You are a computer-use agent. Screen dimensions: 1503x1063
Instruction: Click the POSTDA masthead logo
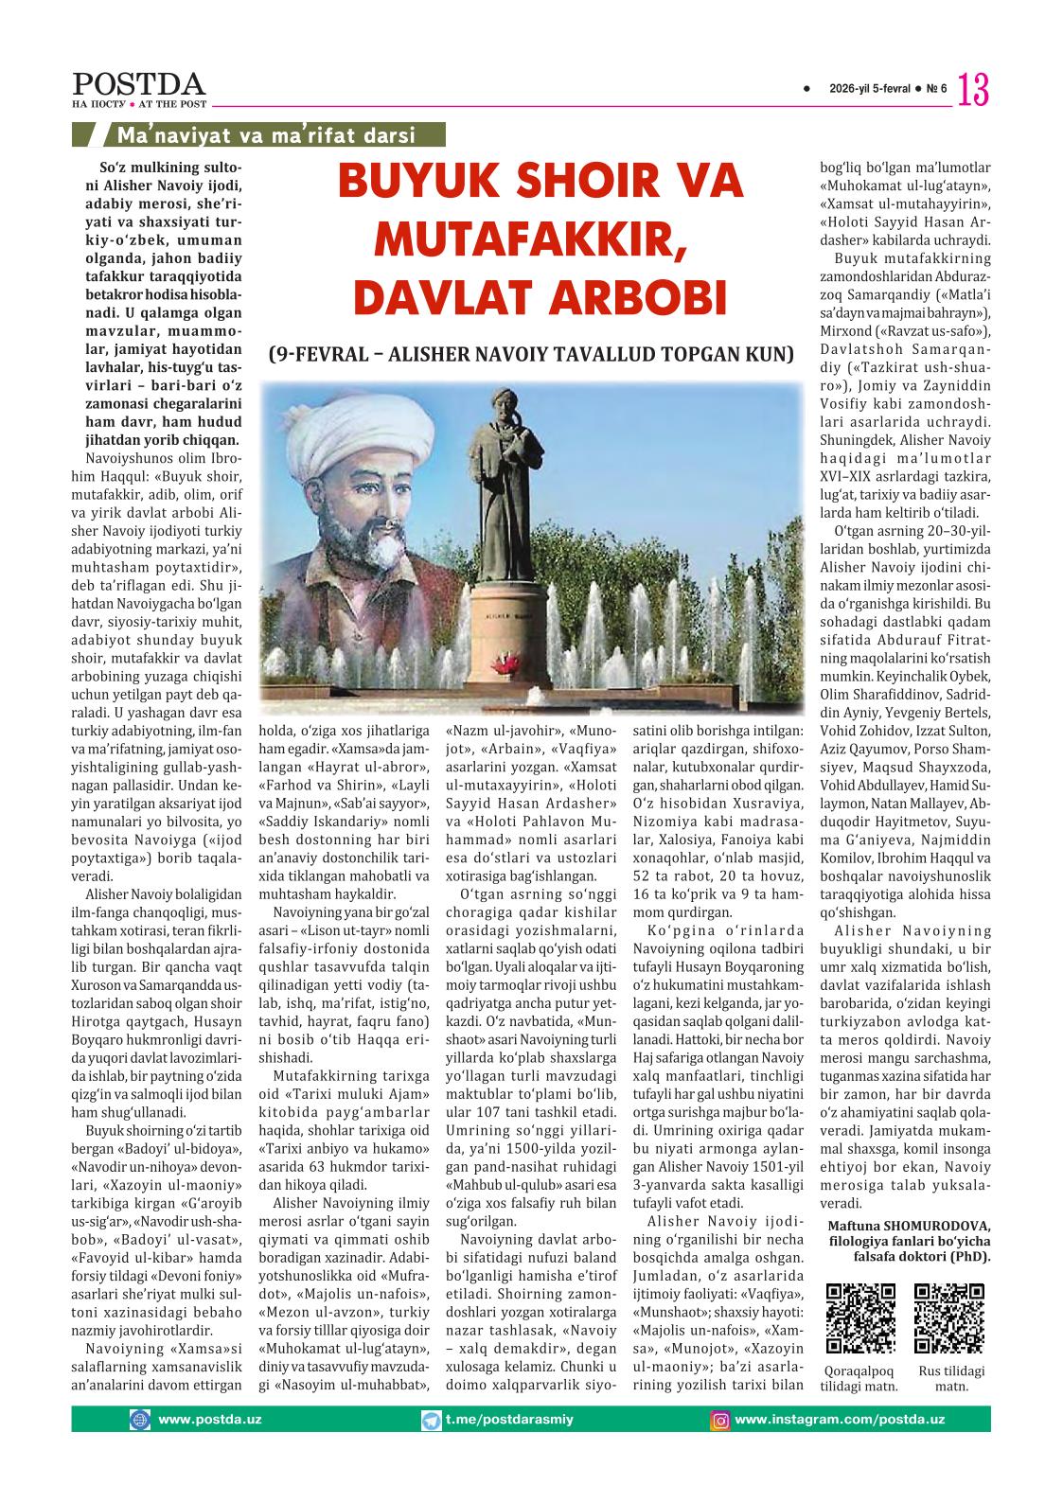point(140,85)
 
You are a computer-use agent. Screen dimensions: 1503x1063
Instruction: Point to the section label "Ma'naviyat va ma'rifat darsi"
point(266,135)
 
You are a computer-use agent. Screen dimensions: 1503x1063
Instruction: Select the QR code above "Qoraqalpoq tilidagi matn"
point(860,1318)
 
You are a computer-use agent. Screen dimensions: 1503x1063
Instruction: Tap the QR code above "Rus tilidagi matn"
point(949,1318)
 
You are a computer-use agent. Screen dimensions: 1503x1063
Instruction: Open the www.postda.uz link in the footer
point(210,1420)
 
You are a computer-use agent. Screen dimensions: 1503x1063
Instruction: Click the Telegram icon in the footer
point(433,1420)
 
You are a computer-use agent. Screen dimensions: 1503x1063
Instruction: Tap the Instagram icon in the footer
point(720,1420)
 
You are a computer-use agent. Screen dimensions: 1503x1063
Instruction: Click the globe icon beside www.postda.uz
point(140,1420)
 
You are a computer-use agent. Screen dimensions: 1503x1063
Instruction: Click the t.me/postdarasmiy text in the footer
point(509,1420)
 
